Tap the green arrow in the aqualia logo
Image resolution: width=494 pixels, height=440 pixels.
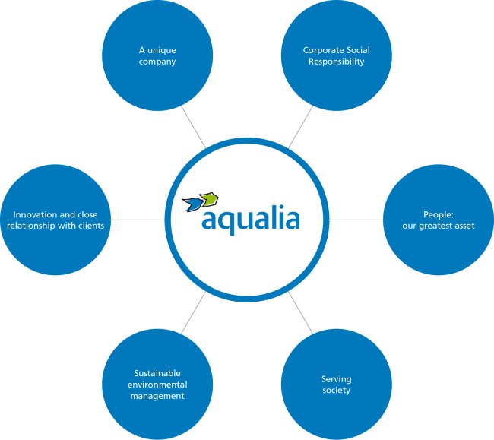(x=210, y=199)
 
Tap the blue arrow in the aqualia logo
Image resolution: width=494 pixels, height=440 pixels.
(x=193, y=202)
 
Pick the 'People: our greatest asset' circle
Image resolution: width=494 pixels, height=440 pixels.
(x=438, y=220)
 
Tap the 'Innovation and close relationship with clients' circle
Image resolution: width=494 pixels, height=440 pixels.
(x=55, y=220)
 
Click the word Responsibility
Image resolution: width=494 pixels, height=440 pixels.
(x=336, y=62)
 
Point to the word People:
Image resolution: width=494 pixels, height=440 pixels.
(x=438, y=214)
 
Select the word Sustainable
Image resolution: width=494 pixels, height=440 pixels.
(x=157, y=374)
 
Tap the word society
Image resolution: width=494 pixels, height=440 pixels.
(x=336, y=391)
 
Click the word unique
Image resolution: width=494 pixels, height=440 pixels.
(x=162, y=51)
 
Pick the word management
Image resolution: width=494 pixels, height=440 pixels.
(x=157, y=396)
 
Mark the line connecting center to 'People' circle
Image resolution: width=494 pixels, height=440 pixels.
(x=356, y=220)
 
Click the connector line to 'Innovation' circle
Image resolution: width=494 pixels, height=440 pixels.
(x=137, y=220)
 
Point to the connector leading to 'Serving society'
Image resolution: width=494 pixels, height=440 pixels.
(x=301, y=313)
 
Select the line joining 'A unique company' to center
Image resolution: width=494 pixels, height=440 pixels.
(x=192, y=125)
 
